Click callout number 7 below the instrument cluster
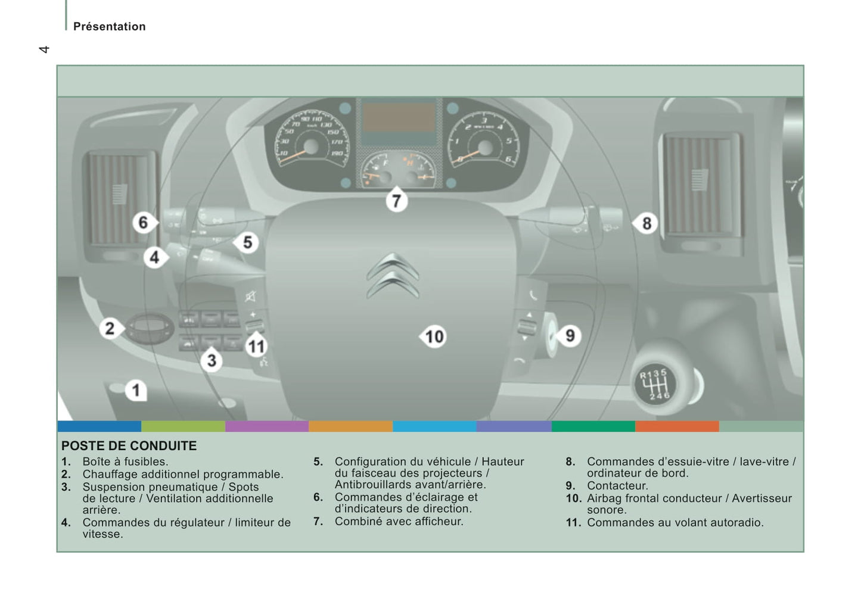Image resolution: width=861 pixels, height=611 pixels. (396, 201)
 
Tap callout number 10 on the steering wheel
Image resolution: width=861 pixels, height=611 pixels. (434, 337)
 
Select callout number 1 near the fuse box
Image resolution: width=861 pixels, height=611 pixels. (136, 391)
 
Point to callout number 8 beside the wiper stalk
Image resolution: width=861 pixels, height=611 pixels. (646, 224)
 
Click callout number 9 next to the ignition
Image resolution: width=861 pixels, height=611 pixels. (570, 336)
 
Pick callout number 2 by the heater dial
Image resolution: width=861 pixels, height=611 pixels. (110, 329)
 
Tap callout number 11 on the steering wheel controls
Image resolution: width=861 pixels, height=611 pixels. (256, 347)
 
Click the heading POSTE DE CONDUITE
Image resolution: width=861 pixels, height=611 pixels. (129, 446)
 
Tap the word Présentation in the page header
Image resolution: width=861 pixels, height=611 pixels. (110, 27)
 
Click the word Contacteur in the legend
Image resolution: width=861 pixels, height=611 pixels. (617, 486)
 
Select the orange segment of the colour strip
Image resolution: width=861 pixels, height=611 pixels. (350, 426)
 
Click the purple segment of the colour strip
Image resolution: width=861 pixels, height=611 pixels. (266, 426)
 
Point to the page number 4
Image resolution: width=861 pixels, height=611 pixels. (43, 49)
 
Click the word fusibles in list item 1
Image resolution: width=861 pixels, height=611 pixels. (146, 462)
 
